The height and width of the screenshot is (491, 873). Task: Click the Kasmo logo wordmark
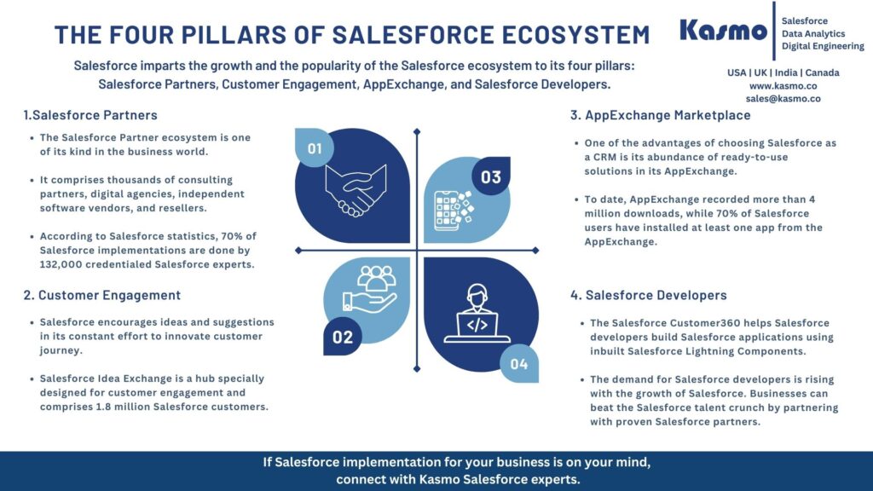[x=723, y=31]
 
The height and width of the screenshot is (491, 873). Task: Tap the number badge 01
[x=315, y=149]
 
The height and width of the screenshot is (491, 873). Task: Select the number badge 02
[x=343, y=337]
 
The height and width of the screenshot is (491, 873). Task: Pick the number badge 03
[x=491, y=177]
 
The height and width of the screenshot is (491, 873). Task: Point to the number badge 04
[x=519, y=365]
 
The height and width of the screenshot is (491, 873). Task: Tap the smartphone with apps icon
[x=452, y=210]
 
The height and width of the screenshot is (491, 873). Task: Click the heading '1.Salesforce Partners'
[x=90, y=115]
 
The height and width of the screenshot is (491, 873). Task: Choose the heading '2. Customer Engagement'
[x=102, y=295]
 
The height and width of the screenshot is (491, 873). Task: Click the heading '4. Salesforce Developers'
[x=649, y=295]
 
